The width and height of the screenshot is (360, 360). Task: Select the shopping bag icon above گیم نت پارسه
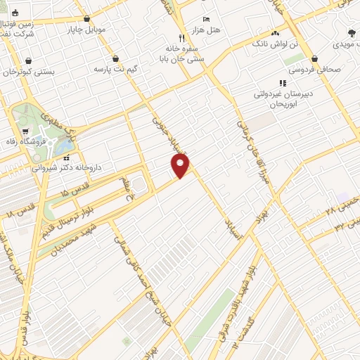point(115,59)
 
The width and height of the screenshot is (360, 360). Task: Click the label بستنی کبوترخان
point(28,72)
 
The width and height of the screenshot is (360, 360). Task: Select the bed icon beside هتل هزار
point(205,19)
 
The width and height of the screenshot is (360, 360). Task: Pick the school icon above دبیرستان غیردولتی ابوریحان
point(282,83)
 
